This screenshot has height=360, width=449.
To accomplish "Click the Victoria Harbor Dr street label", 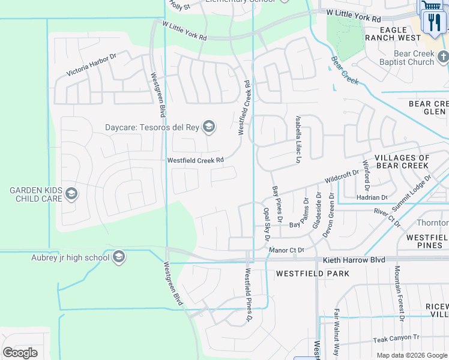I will pos(91,64).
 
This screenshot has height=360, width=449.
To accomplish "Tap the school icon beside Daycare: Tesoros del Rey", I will pos(209,127).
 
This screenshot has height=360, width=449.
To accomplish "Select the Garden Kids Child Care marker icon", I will pos(71,193).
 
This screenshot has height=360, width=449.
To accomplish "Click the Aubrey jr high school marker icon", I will pos(119,257).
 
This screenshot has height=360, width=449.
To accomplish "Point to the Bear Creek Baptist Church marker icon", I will pos(444,58).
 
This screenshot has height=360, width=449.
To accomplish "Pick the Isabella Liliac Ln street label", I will pos(297,140).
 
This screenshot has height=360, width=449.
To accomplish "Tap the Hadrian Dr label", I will pos(372,197).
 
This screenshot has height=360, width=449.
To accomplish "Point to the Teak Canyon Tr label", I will pos(396,338).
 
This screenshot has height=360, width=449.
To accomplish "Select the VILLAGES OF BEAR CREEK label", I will pos(402,162).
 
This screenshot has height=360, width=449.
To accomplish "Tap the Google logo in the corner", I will pos(20,352).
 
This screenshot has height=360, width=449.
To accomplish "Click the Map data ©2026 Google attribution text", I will pos(411,355).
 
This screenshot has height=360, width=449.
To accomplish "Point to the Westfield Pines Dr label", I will pos(247,295).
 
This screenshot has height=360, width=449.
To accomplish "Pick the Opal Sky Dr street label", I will pos(267,224).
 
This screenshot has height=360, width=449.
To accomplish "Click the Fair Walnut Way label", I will pos(336,333).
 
